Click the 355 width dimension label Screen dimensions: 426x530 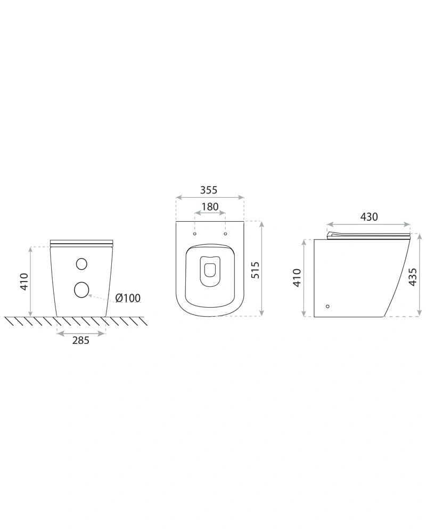[209, 190]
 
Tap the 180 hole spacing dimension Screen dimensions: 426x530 [210, 206]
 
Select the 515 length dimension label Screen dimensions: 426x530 [256, 270]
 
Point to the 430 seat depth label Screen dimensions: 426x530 [369, 216]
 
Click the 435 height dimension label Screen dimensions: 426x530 [413, 277]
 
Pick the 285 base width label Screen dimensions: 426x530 [81, 340]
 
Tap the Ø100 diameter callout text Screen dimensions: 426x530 [128, 298]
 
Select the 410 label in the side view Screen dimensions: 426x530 [297, 277]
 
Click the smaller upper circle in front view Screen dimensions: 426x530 [81, 263]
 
